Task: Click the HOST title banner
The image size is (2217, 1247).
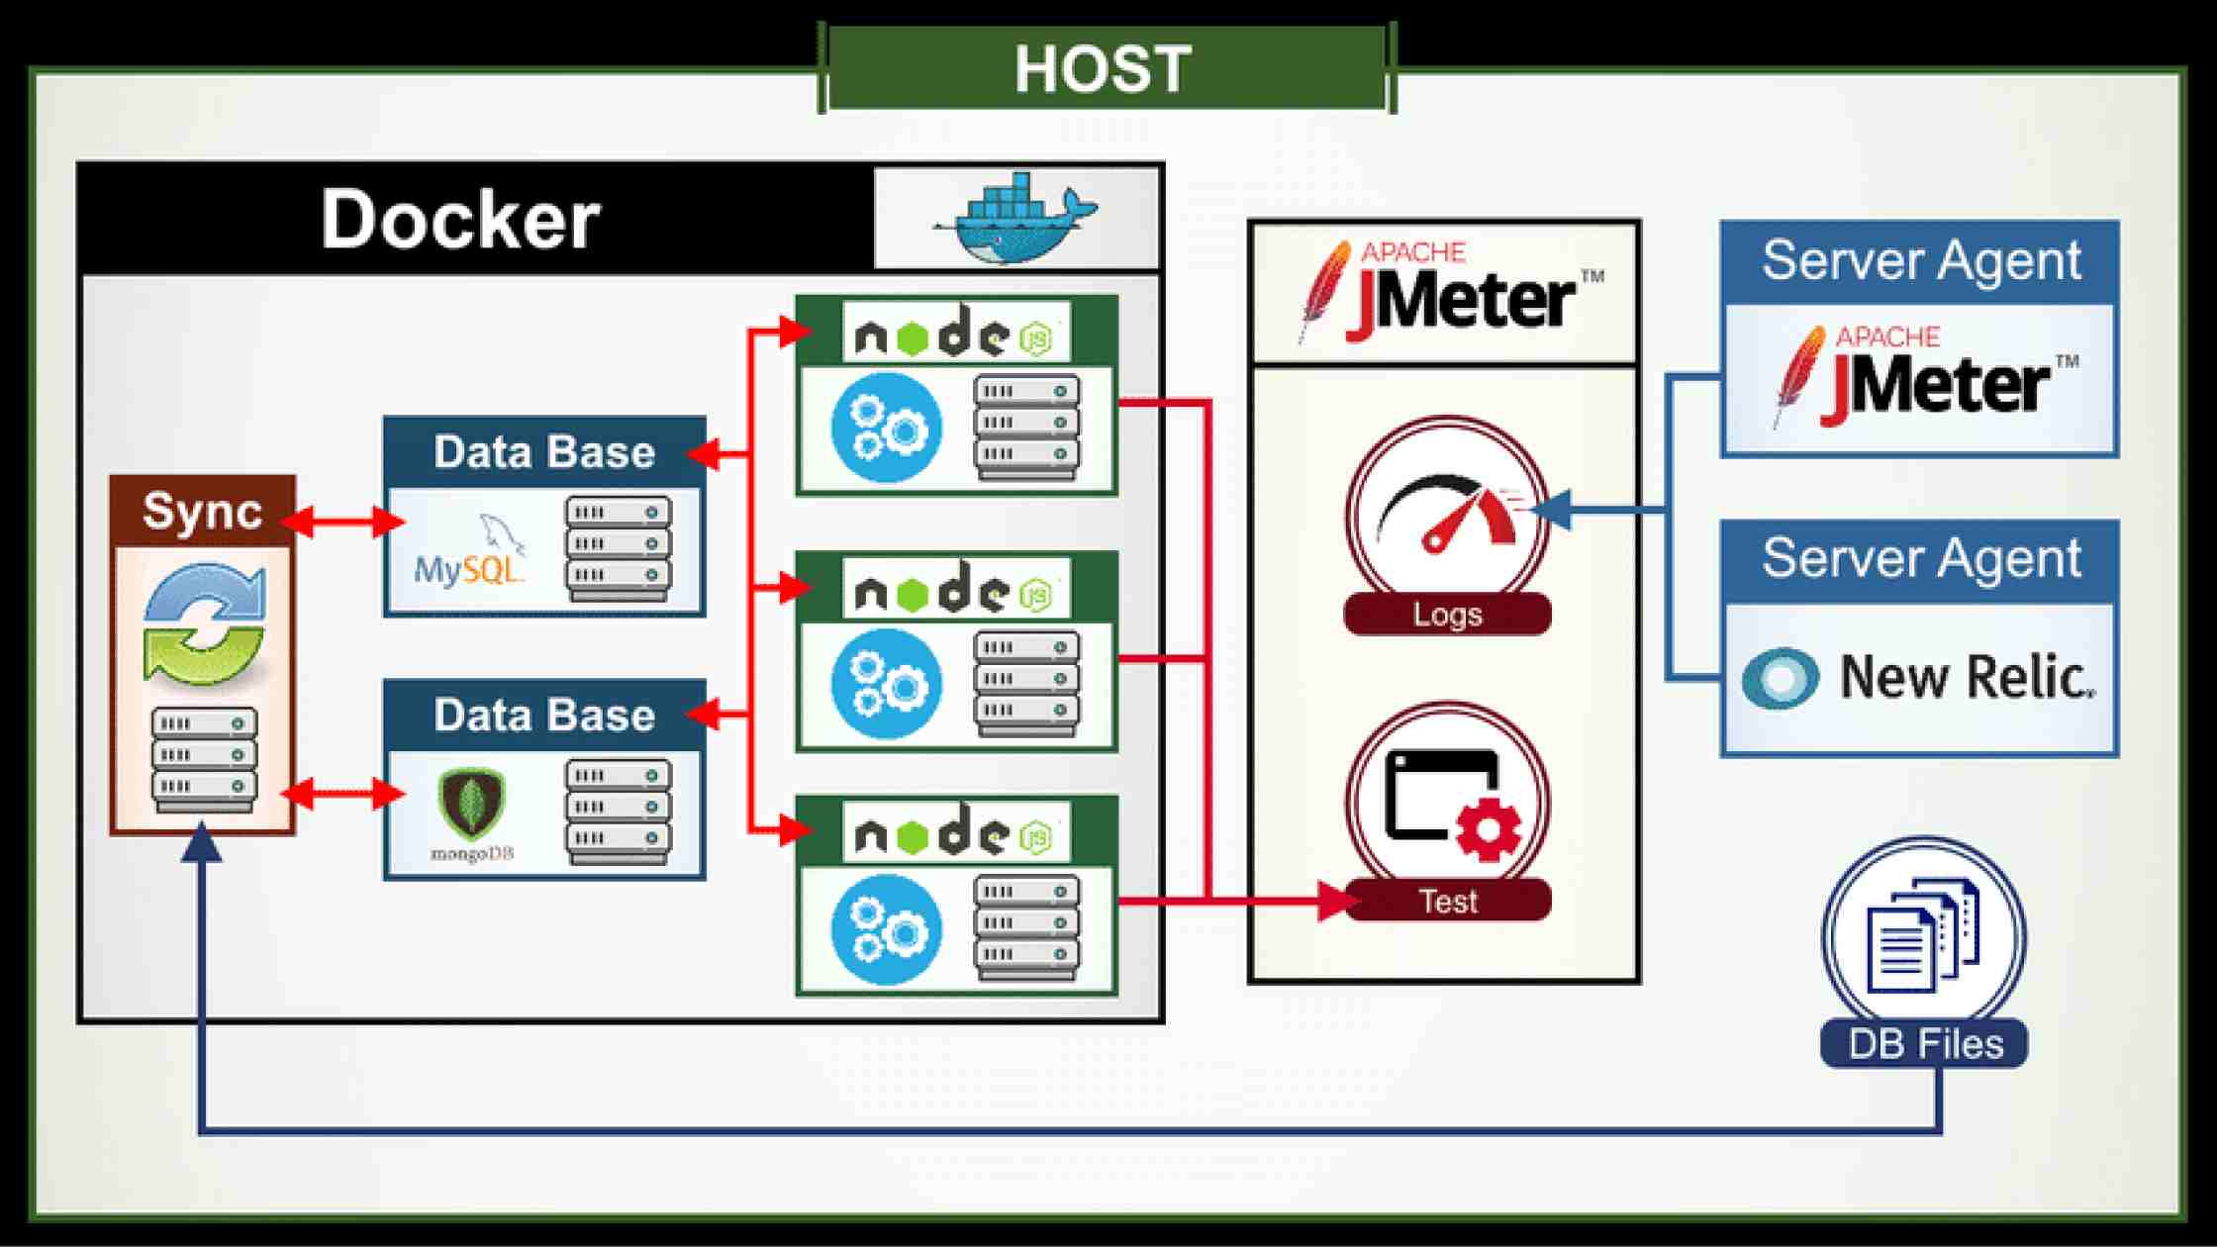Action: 1105,68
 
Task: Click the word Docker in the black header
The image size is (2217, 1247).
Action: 460,219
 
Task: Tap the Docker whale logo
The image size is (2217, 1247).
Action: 1015,220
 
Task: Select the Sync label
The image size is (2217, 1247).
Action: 202,511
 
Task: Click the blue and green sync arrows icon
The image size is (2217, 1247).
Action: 205,624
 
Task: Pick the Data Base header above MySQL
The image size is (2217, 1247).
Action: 544,452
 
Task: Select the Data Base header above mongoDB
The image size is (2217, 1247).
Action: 544,715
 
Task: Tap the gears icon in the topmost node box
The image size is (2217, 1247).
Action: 886,427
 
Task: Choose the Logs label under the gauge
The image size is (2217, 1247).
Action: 1447,615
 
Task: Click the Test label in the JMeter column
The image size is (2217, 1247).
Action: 1447,901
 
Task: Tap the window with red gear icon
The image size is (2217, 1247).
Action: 1448,802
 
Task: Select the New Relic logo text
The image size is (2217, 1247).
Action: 1966,677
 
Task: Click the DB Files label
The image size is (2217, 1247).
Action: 1925,1044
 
